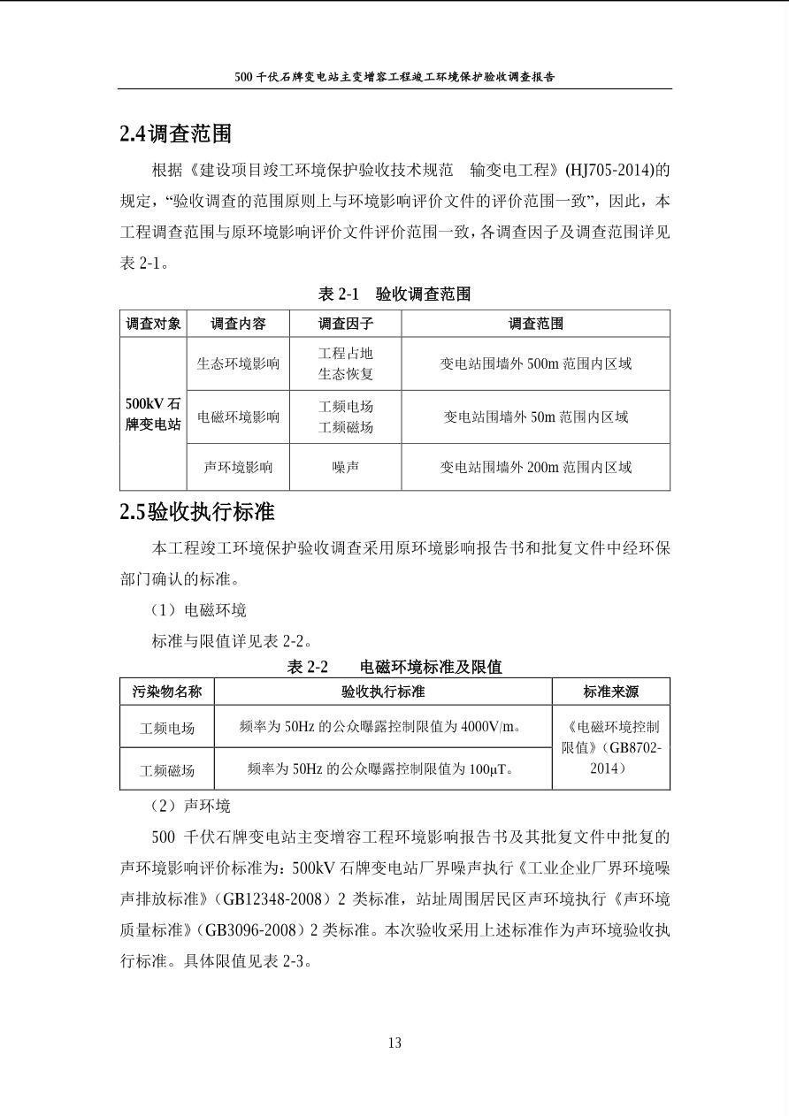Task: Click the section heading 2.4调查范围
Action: pos(175,134)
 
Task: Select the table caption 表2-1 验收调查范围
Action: pos(394,294)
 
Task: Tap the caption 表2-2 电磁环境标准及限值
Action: pos(394,667)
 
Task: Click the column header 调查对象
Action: pos(153,324)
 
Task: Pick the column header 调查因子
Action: pos(345,324)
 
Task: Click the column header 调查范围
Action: pos(535,324)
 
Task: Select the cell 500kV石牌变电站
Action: pos(153,414)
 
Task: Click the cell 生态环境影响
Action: pos(238,363)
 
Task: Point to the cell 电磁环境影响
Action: pos(238,417)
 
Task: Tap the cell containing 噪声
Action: pos(345,467)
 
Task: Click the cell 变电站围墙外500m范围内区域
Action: pos(535,363)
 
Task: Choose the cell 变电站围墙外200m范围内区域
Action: pos(535,467)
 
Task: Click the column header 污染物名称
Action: pos(167,692)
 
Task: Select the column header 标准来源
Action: pos(610,692)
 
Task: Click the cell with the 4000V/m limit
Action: pos(382,727)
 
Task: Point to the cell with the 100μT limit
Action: pos(382,769)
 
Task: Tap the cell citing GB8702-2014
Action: pos(610,747)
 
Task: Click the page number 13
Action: pos(394,1043)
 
